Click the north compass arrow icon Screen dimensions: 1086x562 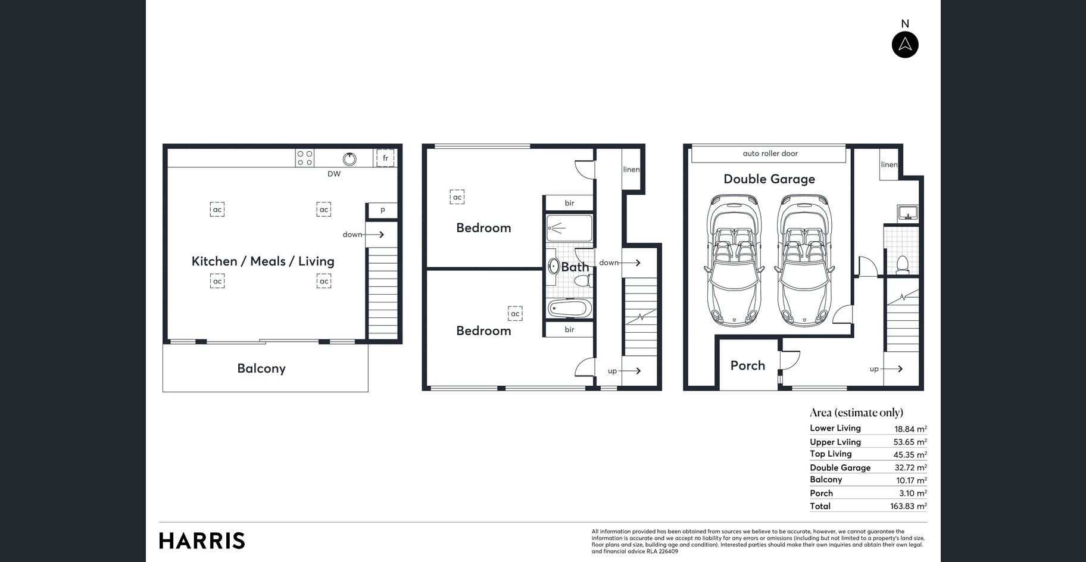point(905,45)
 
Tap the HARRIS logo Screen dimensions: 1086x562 point(202,541)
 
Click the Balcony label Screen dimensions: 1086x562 point(261,369)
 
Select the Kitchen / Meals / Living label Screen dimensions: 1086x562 point(263,261)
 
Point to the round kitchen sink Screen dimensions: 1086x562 point(349,158)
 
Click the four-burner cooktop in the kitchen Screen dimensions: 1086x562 point(305,158)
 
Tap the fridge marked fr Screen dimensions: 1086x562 point(385,158)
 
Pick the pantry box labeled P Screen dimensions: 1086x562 point(382,211)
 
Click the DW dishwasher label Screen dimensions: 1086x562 point(334,174)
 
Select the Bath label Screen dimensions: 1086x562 point(575,267)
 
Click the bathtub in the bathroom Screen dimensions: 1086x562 point(570,308)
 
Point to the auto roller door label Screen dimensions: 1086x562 point(770,154)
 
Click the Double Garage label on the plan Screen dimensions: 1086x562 point(769,179)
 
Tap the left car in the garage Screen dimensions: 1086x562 point(734,260)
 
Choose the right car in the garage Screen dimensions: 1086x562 point(804,260)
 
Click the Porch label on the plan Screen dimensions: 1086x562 point(748,366)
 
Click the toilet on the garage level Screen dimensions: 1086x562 point(903,264)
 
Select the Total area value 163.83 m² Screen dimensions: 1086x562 point(909,506)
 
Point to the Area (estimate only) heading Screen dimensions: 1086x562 point(856,413)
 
